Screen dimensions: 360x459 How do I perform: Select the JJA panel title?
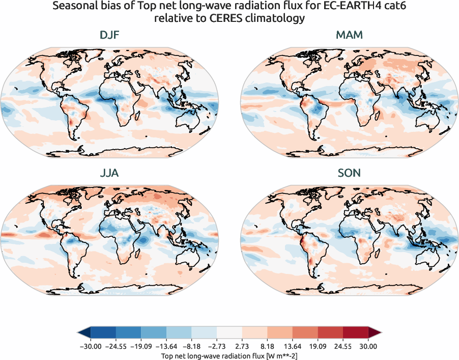[109, 173]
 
